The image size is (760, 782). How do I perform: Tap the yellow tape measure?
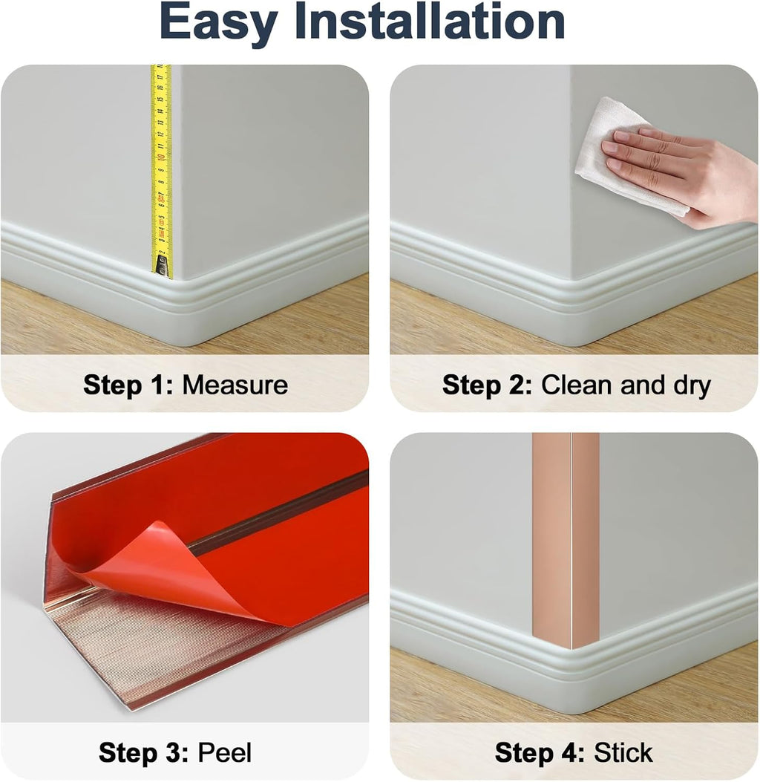click(x=161, y=169)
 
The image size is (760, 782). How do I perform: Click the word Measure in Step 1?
click(x=235, y=385)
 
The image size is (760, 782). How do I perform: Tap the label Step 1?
click(x=128, y=385)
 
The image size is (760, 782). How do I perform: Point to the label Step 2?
click(x=487, y=385)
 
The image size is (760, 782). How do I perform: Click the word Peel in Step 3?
click(x=225, y=752)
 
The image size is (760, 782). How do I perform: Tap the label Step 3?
click(x=144, y=753)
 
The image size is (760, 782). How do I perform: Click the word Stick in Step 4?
click(x=623, y=752)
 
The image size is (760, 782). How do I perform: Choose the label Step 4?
click(x=540, y=753)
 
